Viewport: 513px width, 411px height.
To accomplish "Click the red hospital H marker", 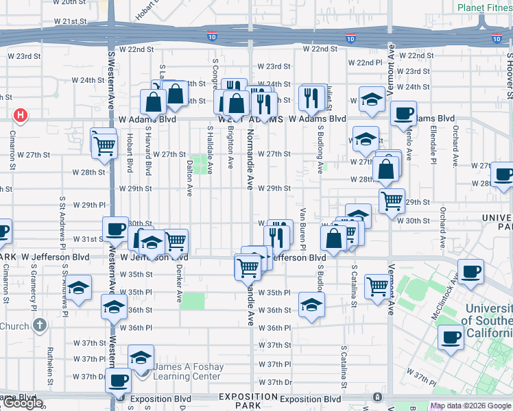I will [21, 115].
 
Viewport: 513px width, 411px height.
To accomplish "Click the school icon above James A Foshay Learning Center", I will [141, 358].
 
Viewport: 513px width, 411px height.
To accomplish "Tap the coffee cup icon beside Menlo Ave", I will [403, 114].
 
